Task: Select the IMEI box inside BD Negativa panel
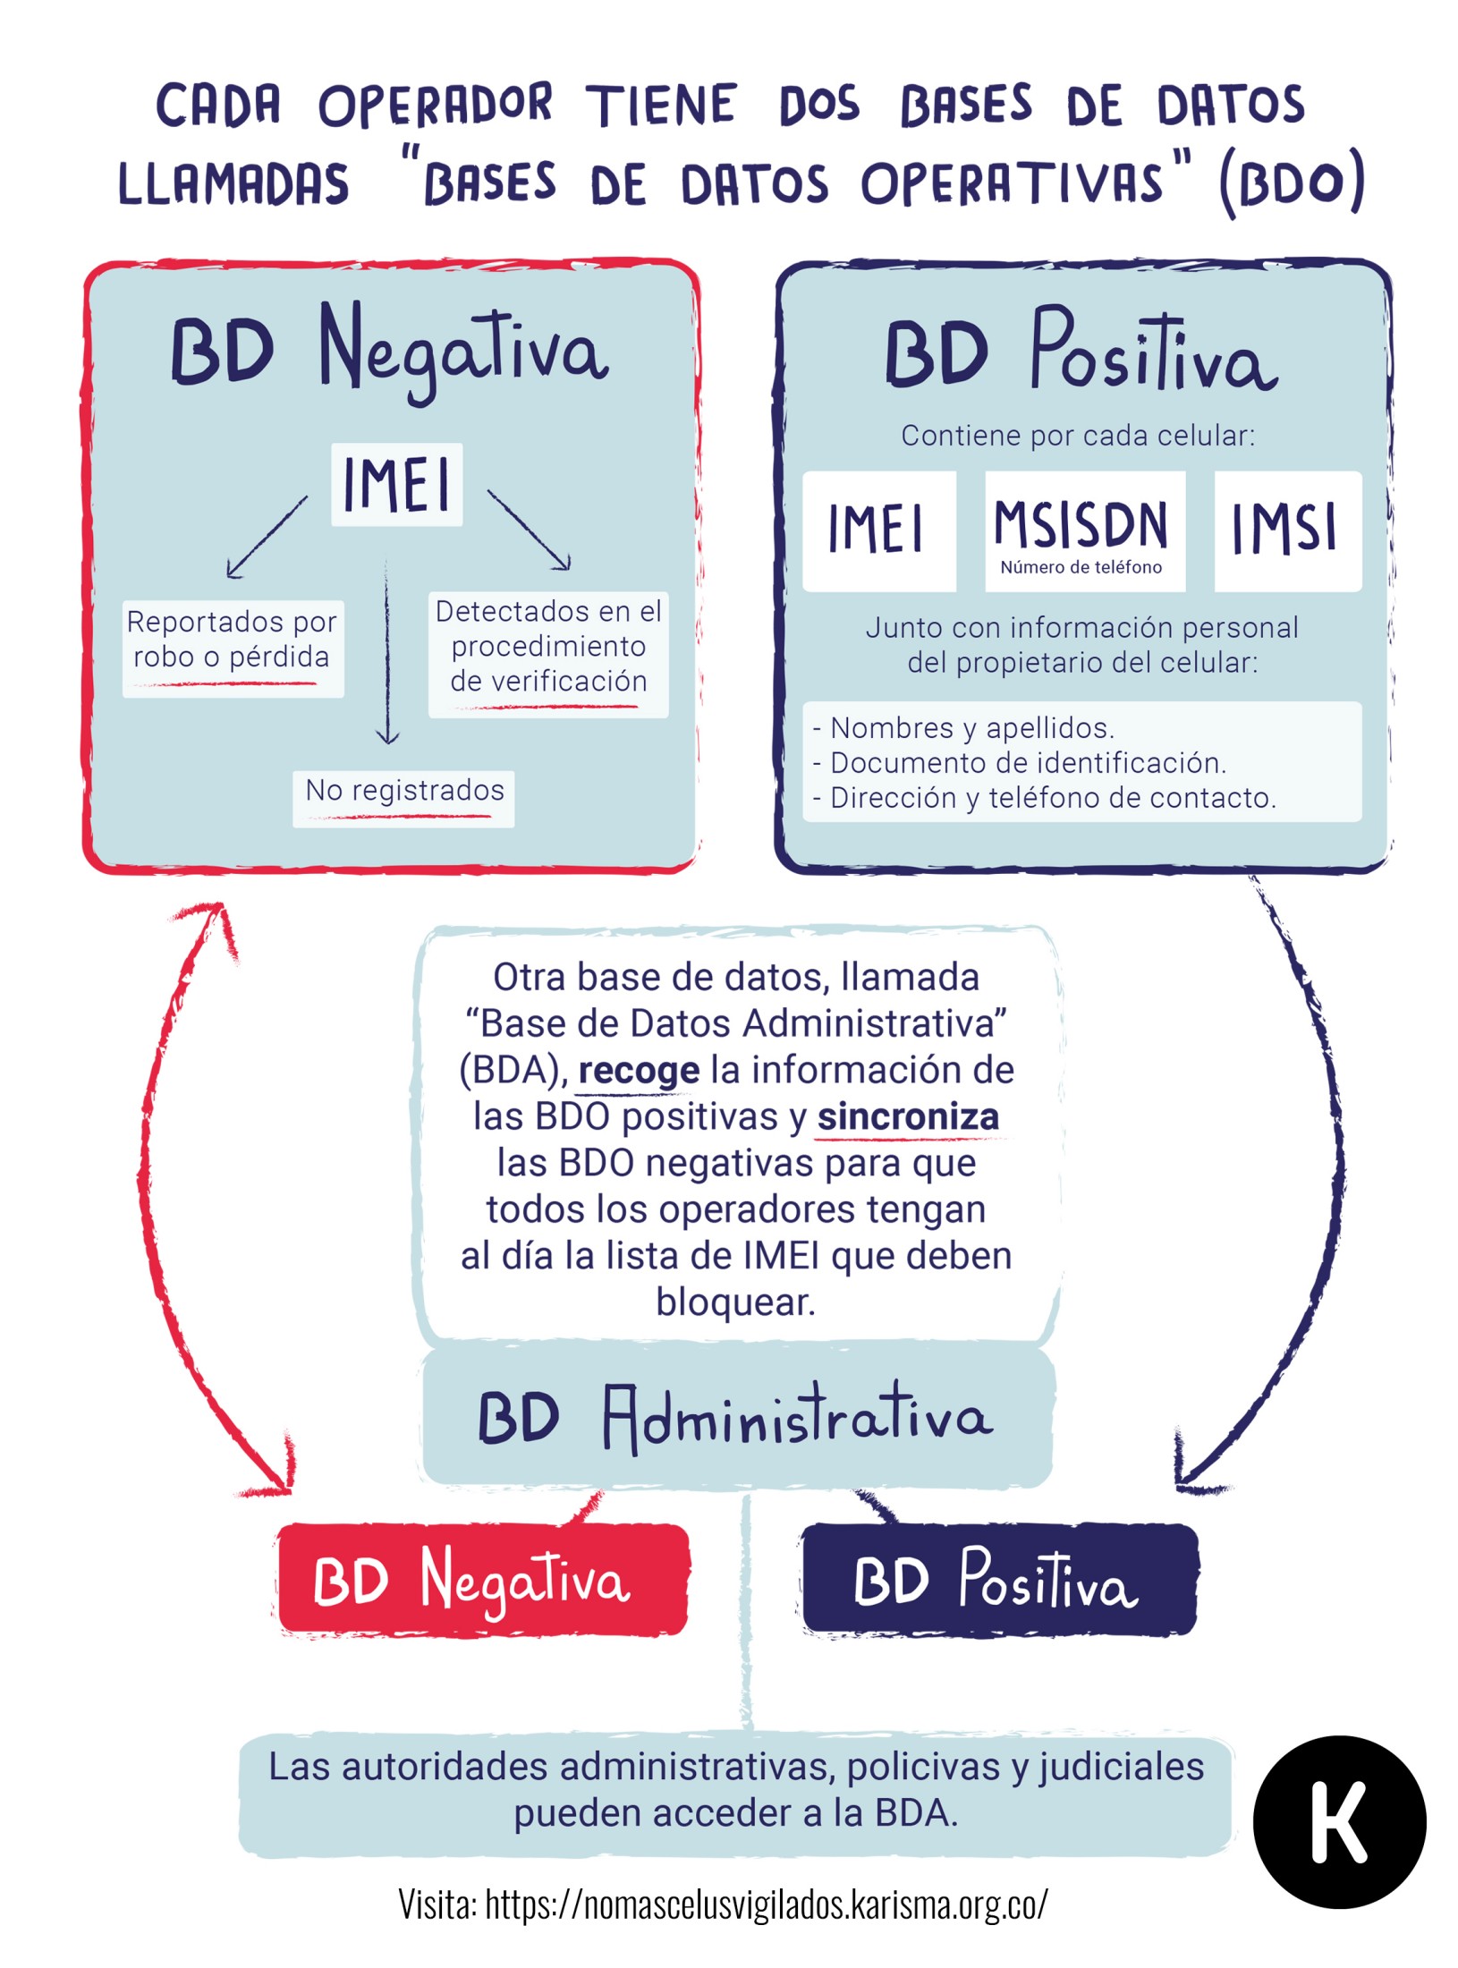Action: coord(396,484)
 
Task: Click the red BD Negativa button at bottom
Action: coord(482,1580)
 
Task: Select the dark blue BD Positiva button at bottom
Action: coord(998,1580)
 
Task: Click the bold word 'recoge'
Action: coord(638,1070)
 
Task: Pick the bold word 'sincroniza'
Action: coord(907,1116)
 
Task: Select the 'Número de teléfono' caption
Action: coord(1081,567)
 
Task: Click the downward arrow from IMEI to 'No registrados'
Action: coord(387,653)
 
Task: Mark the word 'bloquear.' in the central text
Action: coord(735,1302)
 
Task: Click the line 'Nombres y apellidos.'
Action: coord(971,728)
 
